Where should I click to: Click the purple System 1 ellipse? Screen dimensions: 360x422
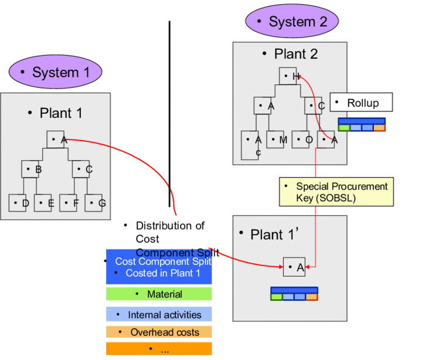[56, 73]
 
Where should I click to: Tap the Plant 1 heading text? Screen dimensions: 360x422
[56, 113]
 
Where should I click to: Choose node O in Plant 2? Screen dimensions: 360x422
[302, 139]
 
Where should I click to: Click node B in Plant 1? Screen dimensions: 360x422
[30, 169]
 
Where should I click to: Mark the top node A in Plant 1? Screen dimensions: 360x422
[56, 140]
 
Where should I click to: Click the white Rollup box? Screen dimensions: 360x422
[361, 103]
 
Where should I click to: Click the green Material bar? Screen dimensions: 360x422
[159, 294]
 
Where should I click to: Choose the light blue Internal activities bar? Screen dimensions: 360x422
[159, 314]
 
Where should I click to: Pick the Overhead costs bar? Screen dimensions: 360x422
[159, 332]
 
